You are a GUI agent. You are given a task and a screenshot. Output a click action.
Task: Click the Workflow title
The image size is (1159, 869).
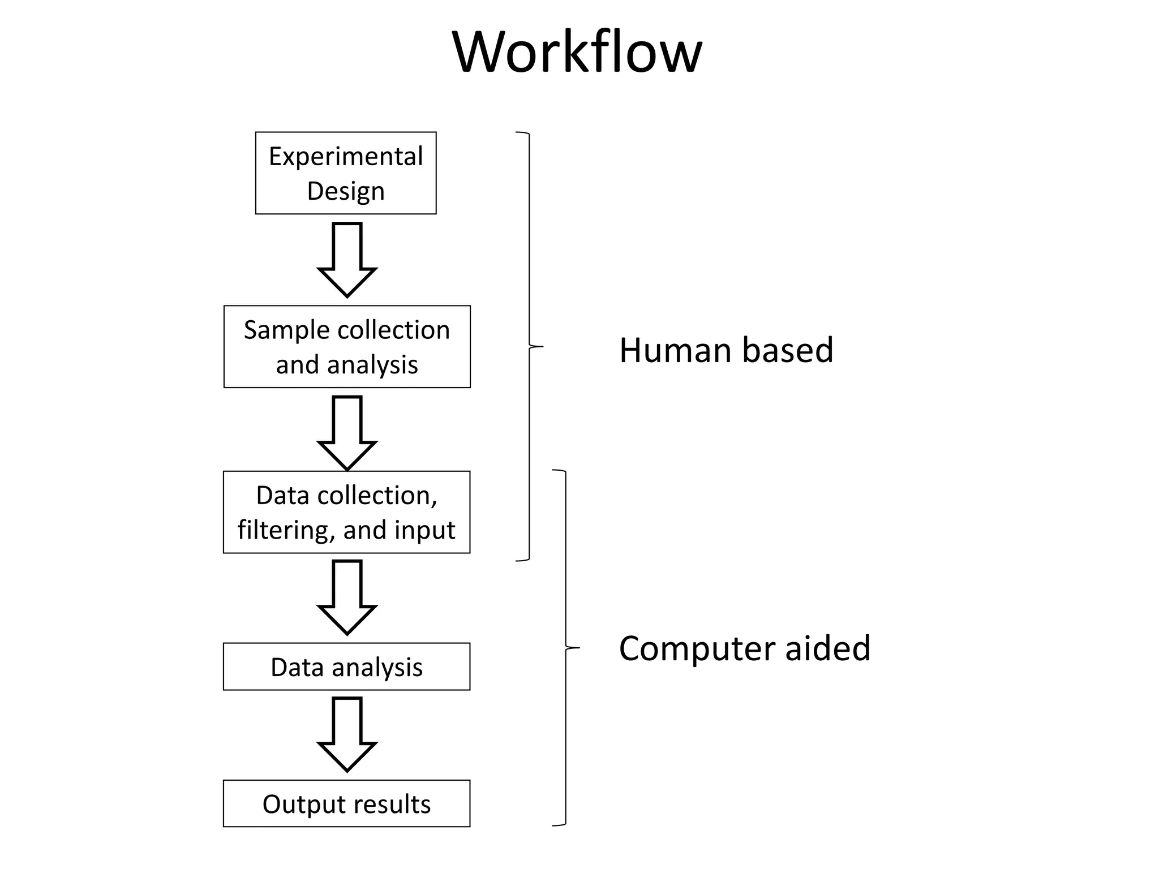coord(577,52)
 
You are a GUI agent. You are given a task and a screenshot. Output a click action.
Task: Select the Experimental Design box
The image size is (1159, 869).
coord(346,173)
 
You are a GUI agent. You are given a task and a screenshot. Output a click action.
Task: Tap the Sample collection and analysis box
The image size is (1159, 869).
coord(347,347)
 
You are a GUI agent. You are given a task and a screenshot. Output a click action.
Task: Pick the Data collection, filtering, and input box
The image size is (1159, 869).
coord(346,512)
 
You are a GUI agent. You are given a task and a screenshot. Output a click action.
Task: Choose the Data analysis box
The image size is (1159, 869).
coord(346,666)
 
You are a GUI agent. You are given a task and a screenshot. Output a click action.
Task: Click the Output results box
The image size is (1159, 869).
coord(346,803)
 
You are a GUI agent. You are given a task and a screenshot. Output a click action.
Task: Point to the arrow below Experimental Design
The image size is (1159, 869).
coord(347,259)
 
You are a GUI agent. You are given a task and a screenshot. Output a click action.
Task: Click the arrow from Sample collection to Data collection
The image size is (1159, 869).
coord(347,433)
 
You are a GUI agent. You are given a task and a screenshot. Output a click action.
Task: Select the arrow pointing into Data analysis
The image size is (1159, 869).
coord(347,597)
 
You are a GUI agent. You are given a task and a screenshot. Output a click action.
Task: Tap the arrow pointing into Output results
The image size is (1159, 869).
coord(347,734)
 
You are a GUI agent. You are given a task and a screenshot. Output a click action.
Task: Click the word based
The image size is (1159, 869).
coord(787,350)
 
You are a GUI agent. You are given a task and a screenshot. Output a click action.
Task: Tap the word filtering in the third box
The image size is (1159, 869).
coord(286,530)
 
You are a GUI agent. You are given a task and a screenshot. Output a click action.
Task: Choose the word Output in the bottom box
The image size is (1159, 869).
coord(301,804)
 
